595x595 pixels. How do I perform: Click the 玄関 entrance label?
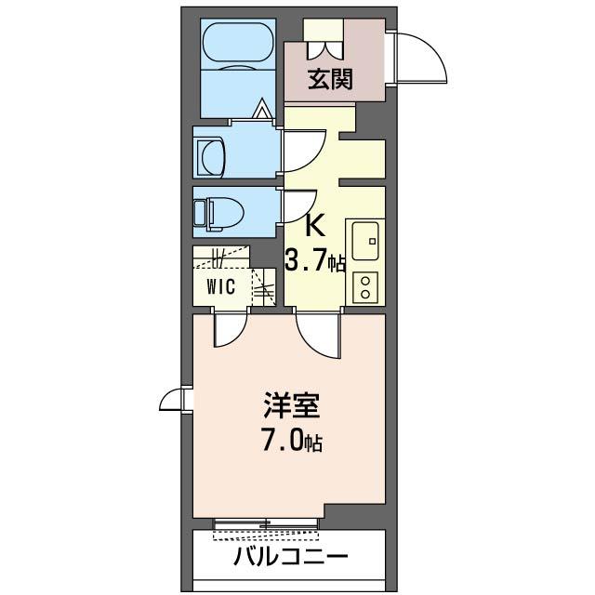click(x=330, y=80)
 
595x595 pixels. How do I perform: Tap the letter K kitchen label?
click(x=315, y=226)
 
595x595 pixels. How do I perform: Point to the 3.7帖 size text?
click(x=315, y=262)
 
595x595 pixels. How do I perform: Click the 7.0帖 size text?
click(x=290, y=441)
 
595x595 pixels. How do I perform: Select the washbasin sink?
click(x=211, y=156)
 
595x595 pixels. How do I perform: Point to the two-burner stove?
click(x=365, y=285)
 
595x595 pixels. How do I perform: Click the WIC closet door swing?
click(x=229, y=330)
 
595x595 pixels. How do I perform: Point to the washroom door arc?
click(x=303, y=149)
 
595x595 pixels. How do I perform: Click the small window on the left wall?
click(x=174, y=400)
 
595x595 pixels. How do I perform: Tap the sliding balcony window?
click(x=266, y=528)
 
